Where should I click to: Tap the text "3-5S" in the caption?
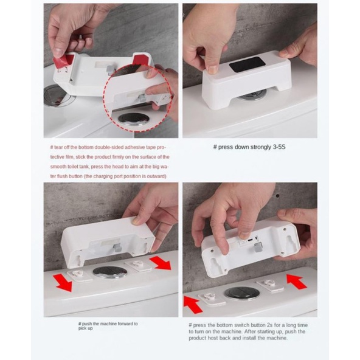click(279, 147)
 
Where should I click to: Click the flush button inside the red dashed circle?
click(133, 119)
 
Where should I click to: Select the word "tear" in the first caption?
click(58, 147)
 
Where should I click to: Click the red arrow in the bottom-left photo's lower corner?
click(63, 283)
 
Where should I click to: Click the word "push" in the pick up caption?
click(87, 324)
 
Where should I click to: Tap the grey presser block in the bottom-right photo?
click(258, 247)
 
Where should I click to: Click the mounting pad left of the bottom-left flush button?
click(79, 275)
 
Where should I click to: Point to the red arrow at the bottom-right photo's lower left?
click(193, 305)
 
